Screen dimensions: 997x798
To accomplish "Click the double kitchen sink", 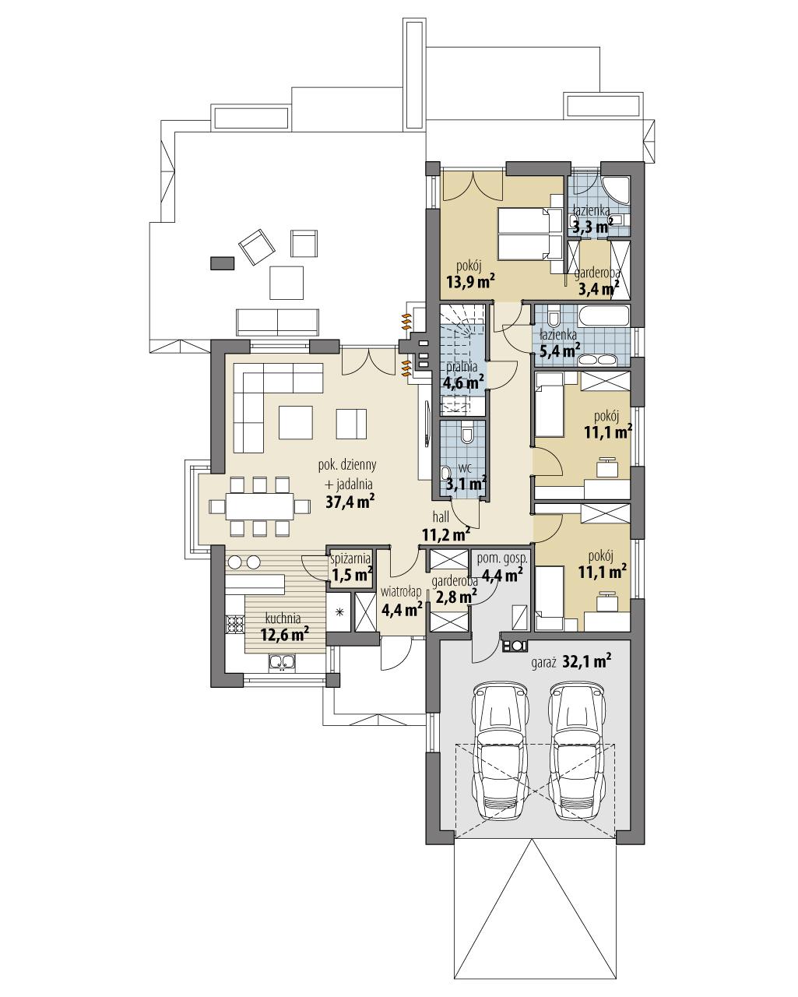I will click(x=282, y=662).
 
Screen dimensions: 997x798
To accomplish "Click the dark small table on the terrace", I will click(x=222, y=263).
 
